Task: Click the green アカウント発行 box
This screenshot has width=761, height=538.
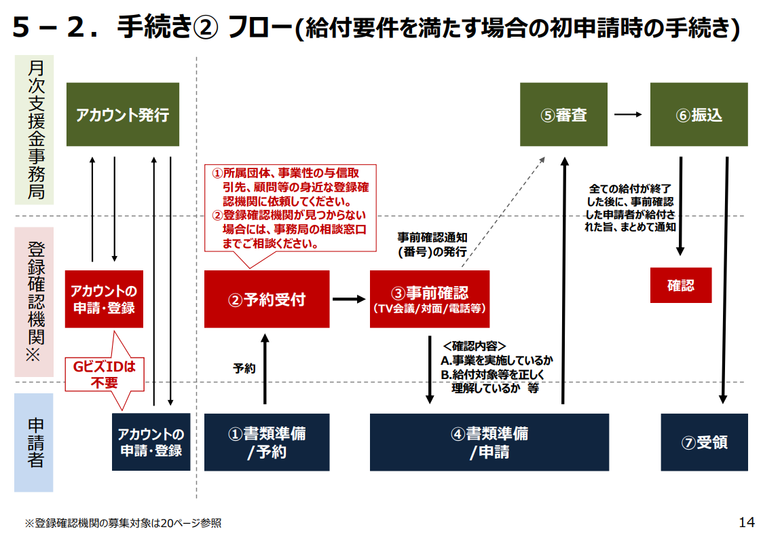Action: (x=123, y=115)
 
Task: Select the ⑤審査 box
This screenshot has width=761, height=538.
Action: (x=563, y=115)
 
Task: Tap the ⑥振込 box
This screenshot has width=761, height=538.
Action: (x=699, y=115)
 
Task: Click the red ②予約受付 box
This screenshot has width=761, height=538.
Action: (x=267, y=299)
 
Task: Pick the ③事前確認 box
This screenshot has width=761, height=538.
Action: (x=430, y=299)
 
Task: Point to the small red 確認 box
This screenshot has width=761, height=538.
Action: (x=681, y=285)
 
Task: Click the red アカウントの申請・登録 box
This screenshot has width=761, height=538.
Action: (x=104, y=299)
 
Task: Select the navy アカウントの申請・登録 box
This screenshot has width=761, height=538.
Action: (x=151, y=442)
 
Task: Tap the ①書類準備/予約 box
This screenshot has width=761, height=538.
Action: (x=267, y=442)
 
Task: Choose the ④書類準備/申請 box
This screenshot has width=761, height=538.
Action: (x=489, y=442)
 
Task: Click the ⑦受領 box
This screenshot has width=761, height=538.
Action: (x=704, y=442)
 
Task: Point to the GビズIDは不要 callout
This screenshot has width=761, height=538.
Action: (x=105, y=374)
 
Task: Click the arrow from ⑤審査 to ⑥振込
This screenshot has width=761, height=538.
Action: (x=628, y=115)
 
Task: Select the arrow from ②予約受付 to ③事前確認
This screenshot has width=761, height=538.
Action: (x=349, y=299)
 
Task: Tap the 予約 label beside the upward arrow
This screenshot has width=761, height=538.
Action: (x=244, y=369)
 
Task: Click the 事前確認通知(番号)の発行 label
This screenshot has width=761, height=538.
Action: (x=432, y=245)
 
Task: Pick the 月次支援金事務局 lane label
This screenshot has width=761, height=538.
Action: (x=35, y=130)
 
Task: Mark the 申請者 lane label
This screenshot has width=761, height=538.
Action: (x=35, y=442)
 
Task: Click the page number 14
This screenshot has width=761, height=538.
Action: (x=747, y=522)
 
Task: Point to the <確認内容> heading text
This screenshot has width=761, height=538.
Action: (x=474, y=346)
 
